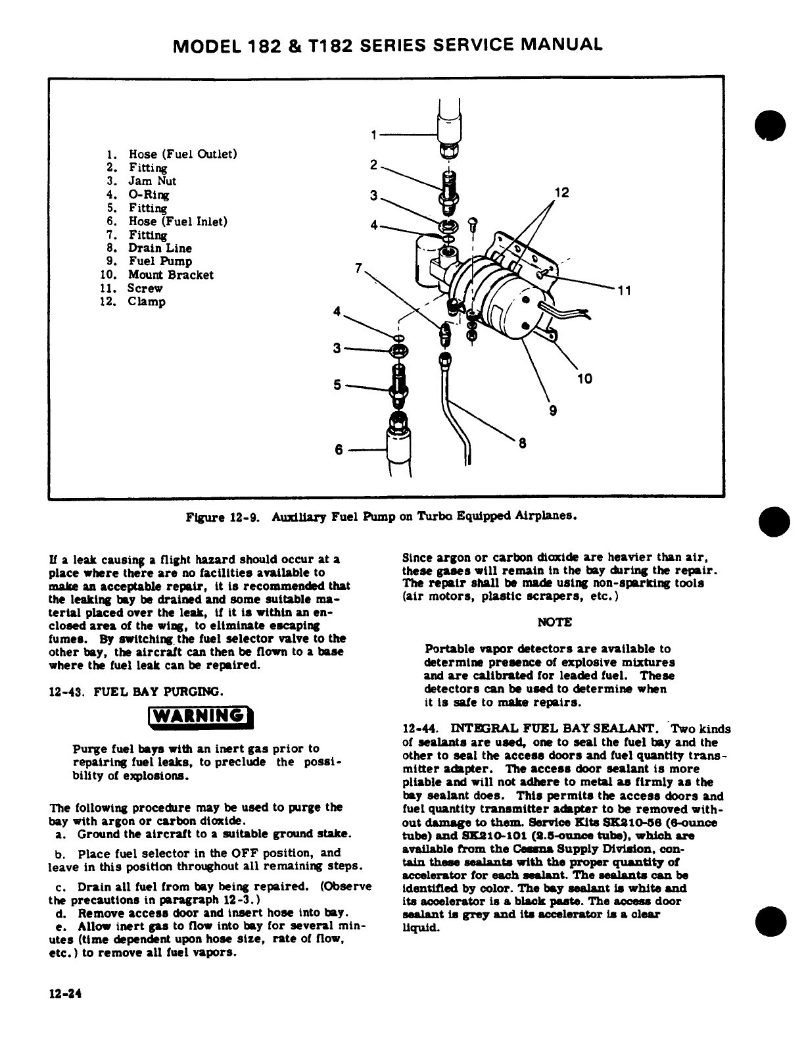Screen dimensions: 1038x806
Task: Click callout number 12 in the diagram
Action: (x=561, y=193)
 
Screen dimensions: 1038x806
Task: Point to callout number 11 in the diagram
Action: (x=623, y=292)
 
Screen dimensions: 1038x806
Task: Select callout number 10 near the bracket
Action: (x=584, y=378)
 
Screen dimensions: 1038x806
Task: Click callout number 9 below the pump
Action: (x=553, y=411)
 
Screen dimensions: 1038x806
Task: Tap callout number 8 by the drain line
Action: (x=523, y=443)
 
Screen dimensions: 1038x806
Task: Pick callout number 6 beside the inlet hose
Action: (x=339, y=450)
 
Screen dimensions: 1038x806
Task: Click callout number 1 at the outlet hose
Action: (x=373, y=136)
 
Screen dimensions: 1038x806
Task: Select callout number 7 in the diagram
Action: (x=358, y=268)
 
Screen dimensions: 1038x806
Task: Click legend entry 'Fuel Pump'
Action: (x=160, y=261)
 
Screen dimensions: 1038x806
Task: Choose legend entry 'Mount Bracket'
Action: (x=170, y=275)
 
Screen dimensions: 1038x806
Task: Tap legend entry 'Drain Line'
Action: (x=160, y=248)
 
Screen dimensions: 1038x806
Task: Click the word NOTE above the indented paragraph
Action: (x=555, y=622)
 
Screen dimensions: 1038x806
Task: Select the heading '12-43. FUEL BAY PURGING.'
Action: (x=137, y=691)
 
